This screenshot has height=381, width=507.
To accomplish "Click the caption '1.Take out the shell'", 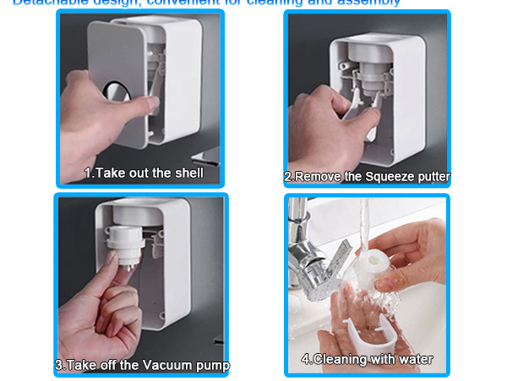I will coord(143,173).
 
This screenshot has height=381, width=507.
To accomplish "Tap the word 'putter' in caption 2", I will coord(431,177).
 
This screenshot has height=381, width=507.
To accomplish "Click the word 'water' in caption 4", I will coord(414,359).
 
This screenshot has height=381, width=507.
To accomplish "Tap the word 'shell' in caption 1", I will coord(187,173).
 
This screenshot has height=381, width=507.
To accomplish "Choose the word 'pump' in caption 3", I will coord(211,366).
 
